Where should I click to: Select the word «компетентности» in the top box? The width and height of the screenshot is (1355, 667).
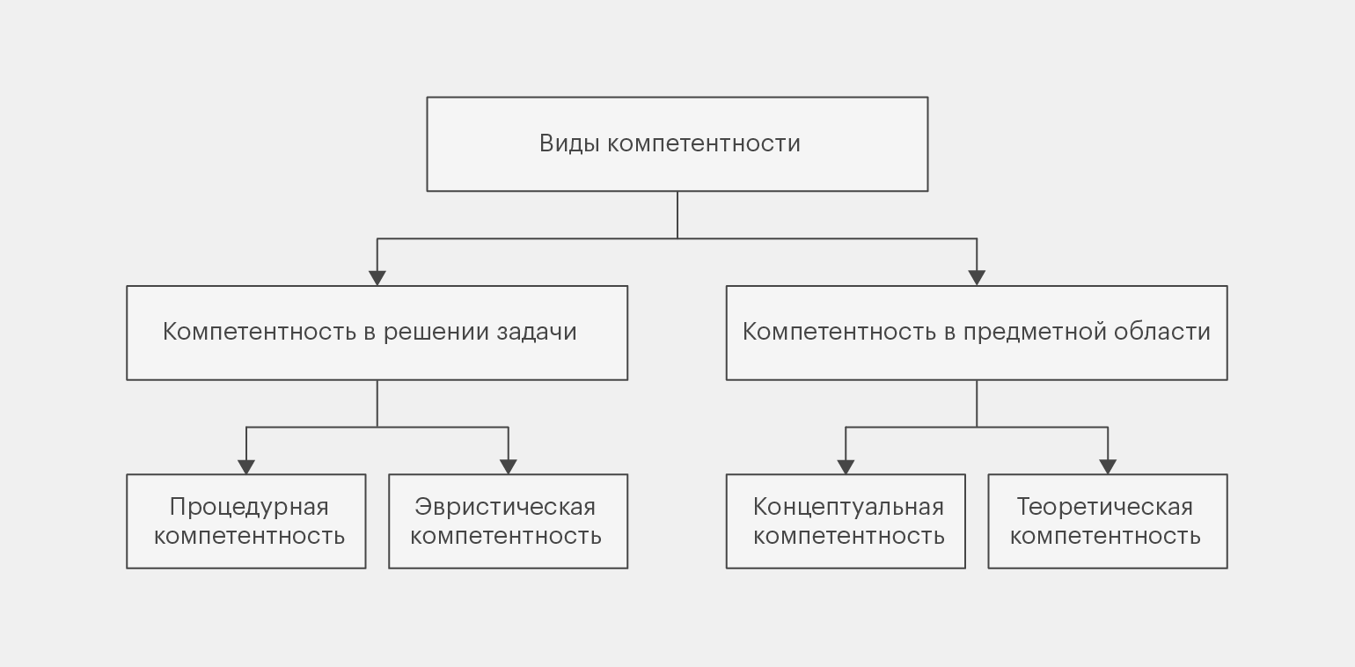(x=704, y=144)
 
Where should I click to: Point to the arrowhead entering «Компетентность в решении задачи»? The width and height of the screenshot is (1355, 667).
(x=377, y=277)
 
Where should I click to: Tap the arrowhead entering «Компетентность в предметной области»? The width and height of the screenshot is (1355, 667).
(x=977, y=277)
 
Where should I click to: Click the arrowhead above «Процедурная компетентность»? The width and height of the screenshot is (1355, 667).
(x=246, y=466)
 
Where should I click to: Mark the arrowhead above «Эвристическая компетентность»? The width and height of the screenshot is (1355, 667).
(x=509, y=466)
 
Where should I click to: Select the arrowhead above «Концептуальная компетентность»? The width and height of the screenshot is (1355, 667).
(x=846, y=466)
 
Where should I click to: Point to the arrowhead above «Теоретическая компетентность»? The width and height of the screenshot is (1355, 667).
(x=1108, y=466)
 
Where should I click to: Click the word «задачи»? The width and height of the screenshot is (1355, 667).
(x=537, y=332)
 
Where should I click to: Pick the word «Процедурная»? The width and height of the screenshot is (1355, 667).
(x=249, y=508)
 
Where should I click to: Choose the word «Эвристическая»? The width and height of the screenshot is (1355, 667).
(x=505, y=508)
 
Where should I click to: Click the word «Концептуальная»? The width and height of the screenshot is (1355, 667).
(x=848, y=508)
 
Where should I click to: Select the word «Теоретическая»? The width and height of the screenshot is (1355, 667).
(x=1104, y=508)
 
